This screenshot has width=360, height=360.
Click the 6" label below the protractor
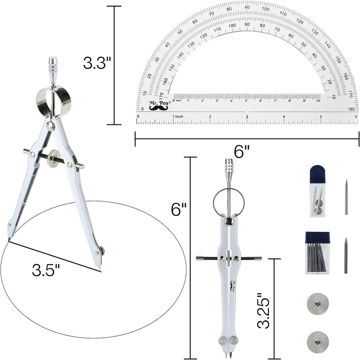[243, 152]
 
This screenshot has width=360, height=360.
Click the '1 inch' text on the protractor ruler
[178, 117]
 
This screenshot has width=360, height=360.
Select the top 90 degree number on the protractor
[247, 7]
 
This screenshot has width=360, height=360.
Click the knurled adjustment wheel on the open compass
[54, 158]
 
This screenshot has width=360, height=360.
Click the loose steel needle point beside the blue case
[346, 197]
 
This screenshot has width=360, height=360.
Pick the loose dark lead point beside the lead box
[346, 255]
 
